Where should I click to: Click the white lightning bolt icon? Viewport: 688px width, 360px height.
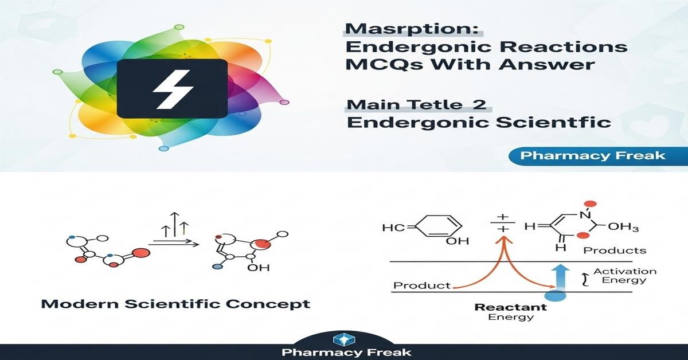click(173, 89)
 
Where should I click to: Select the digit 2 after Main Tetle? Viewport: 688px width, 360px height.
click(479, 104)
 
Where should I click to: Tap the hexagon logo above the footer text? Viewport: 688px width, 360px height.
click(344, 340)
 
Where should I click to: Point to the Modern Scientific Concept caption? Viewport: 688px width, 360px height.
click(175, 304)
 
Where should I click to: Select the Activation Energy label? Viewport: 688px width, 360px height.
click(624, 276)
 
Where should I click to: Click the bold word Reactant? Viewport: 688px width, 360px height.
click(510, 307)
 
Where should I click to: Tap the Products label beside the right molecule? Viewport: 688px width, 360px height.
click(615, 251)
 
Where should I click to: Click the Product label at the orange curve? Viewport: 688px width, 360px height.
click(422, 285)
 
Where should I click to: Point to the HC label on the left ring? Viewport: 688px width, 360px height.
click(393, 228)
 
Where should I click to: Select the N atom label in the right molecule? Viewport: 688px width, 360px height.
click(585, 216)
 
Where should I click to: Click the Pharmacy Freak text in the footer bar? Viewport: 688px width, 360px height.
click(346, 352)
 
